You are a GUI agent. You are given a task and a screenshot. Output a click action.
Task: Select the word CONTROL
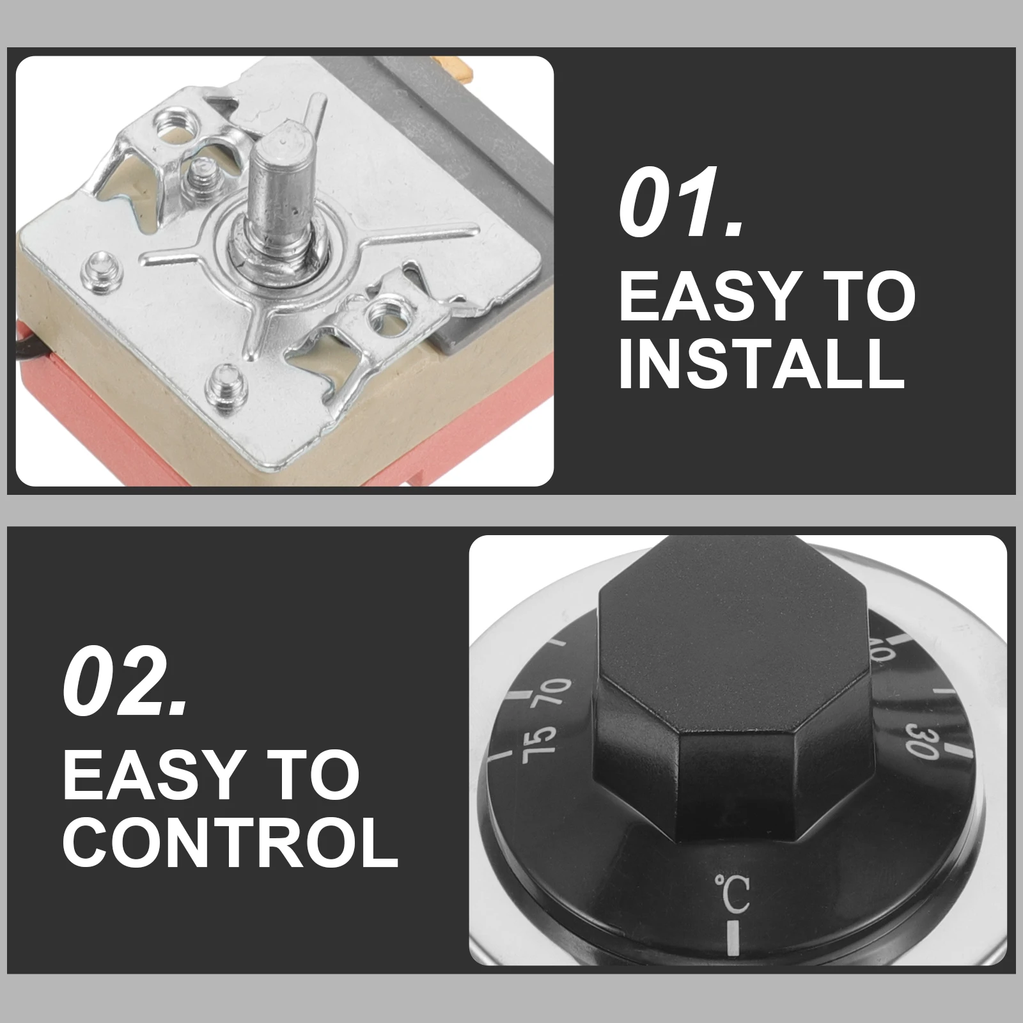point(231,838)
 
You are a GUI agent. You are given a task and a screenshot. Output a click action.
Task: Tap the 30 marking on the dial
point(923,741)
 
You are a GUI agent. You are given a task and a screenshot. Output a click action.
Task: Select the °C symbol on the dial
point(731,894)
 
